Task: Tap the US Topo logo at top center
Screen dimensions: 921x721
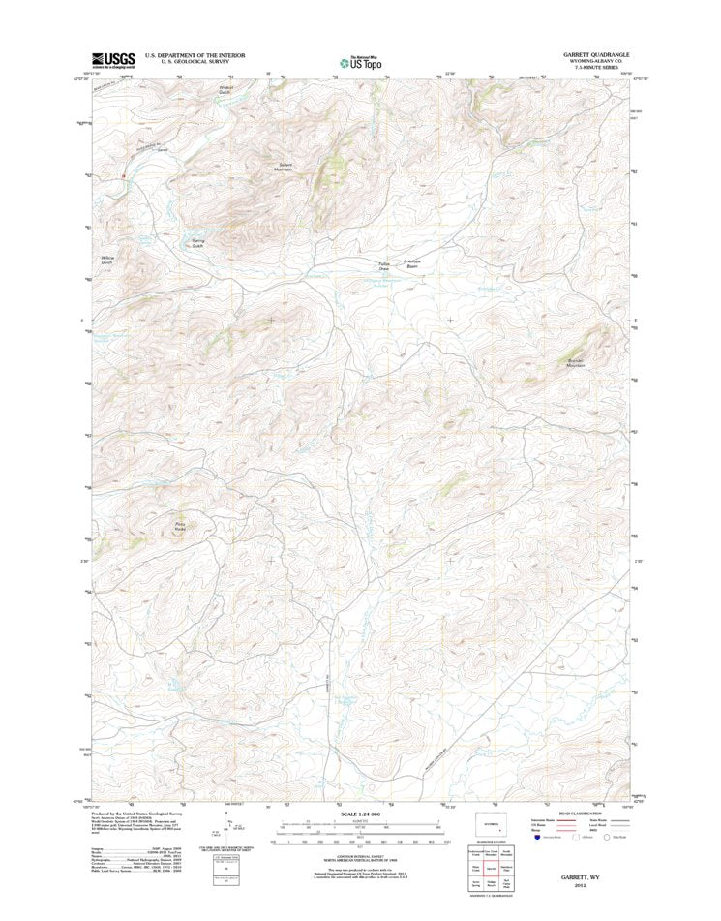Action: click(x=360, y=63)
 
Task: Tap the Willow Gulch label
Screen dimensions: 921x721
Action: click(x=107, y=260)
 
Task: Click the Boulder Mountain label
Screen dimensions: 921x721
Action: click(x=576, y=362)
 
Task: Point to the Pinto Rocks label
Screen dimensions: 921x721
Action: click(x=179, y=527)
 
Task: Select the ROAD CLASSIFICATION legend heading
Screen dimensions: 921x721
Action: click(x=582, y=814)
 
